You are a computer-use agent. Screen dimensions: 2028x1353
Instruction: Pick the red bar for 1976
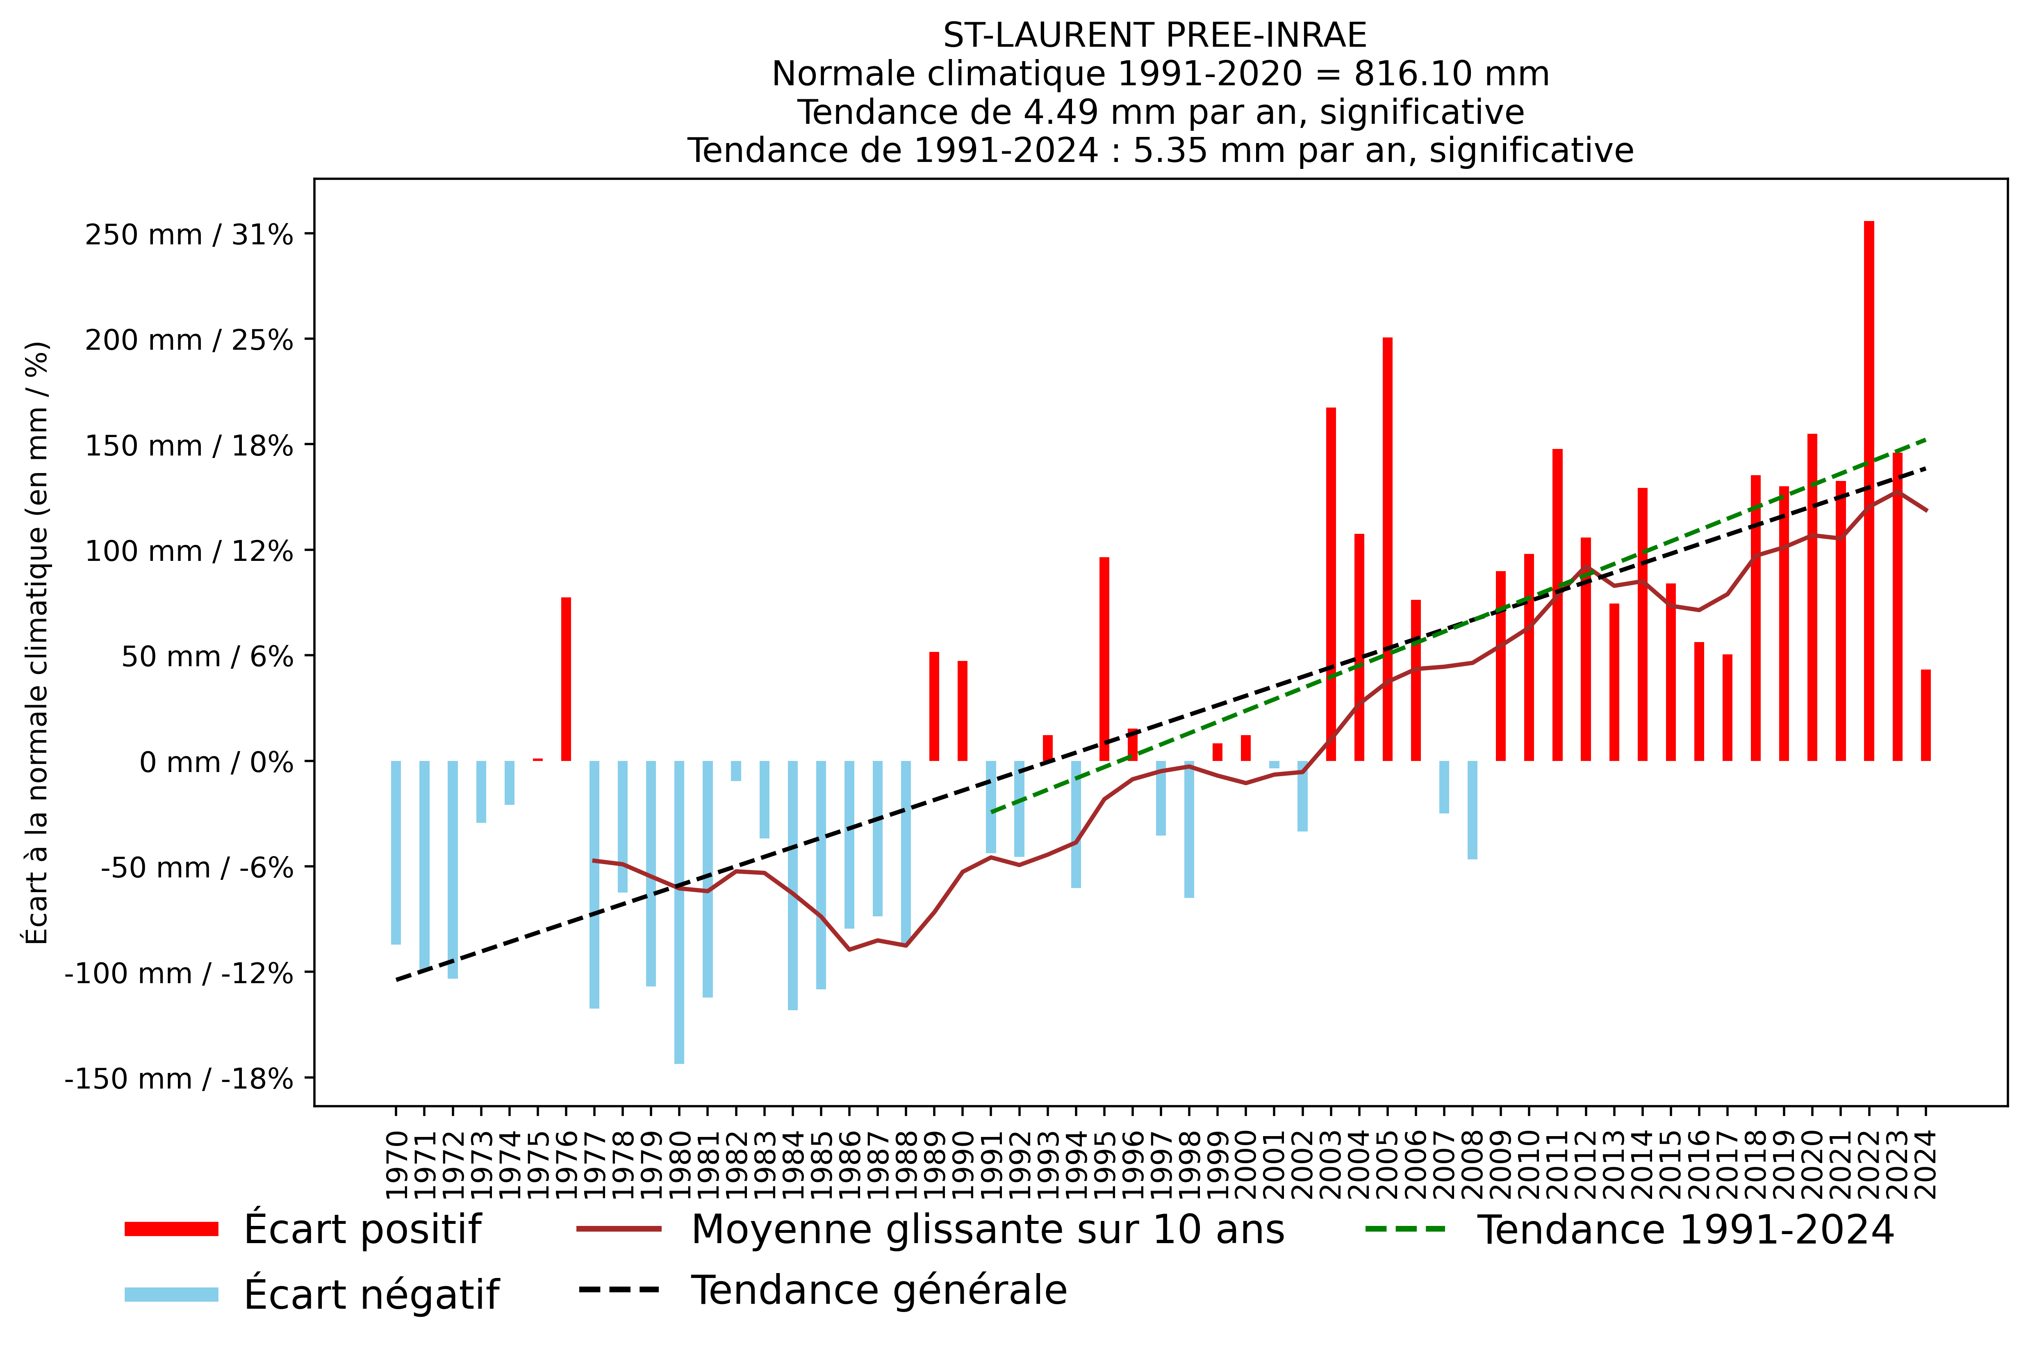[x=566, y=679]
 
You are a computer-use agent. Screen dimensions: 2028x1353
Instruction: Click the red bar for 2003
[x=1331, y=584]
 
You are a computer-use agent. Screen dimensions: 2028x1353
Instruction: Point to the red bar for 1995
[x=1104, y=659]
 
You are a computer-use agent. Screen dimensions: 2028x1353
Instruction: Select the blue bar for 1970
[x=396, y=852]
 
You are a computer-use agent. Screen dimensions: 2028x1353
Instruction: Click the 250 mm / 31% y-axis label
[x=189, y=235]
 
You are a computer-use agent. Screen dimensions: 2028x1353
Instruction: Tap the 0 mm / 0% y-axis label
[x=216, y=762]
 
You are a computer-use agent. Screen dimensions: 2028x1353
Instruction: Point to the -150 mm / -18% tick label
[x=179, y=1079]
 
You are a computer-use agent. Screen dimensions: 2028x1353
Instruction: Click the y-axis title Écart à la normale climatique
[x=37, y=643]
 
